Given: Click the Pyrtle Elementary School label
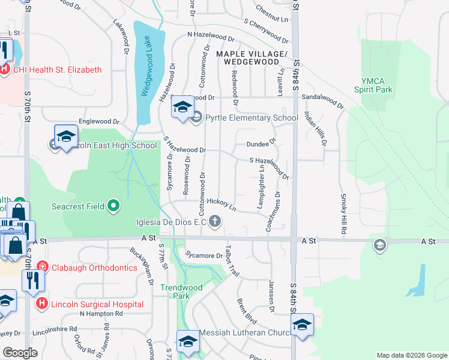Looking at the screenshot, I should click(252, 118).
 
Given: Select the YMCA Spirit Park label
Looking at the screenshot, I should click(377, 85).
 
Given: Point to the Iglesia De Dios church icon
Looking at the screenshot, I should click(215, 223).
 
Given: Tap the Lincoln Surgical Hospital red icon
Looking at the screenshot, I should click(41, 304).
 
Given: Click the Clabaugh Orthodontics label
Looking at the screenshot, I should click(94, 268).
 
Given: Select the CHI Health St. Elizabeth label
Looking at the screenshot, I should click(58, 70).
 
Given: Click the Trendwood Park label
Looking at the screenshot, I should click(181, 292).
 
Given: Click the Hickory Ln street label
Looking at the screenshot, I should click(221, 205).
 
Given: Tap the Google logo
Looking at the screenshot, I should click(20, 353).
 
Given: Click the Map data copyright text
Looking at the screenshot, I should click(411, 355).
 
